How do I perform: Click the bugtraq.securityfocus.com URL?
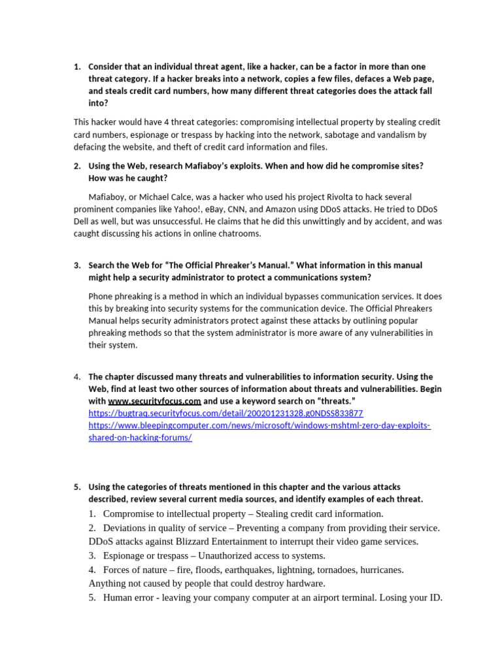226,414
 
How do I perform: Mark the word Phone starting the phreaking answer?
101,296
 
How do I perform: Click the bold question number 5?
76,487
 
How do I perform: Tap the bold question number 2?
76,166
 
